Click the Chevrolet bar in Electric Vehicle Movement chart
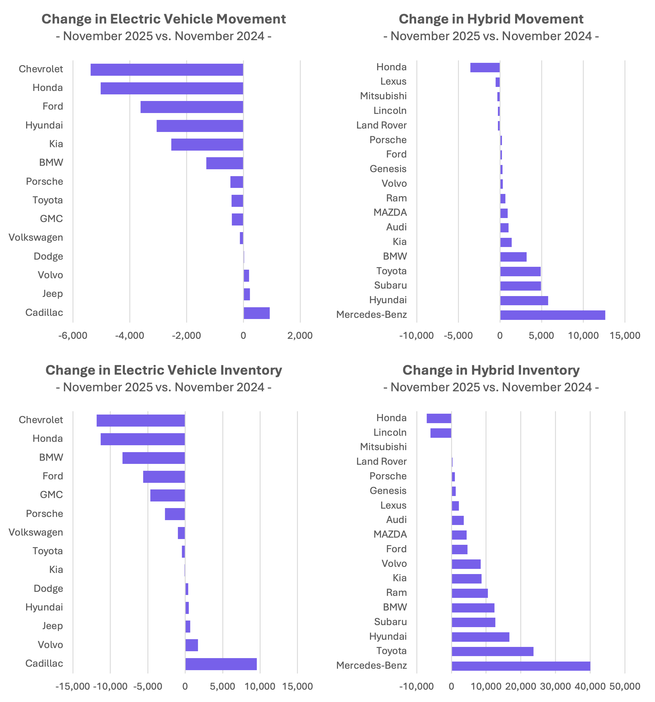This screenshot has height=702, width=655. point(167,69)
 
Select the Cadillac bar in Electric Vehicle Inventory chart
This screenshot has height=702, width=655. point(221,664)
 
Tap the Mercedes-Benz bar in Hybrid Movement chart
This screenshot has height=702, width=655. point(553,315)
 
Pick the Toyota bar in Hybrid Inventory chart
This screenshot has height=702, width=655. point(493,651)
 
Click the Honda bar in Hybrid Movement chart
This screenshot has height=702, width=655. point(485,67)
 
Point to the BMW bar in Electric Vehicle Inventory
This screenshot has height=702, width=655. point(153,458)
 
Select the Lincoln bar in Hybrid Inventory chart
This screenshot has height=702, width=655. point(441,433)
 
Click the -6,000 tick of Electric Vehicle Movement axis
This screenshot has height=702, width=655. point(73,335)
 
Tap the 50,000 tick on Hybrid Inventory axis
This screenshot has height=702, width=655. point(625,687)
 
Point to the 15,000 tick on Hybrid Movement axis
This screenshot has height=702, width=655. point(625,335)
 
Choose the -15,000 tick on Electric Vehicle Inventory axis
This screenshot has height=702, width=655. point(73,687)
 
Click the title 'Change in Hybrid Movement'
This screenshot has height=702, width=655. point(491,19)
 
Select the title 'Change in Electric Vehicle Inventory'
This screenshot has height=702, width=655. point(164,370)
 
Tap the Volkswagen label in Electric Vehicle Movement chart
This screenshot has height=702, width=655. point(36,238)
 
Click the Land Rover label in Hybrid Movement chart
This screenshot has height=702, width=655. point(381,125)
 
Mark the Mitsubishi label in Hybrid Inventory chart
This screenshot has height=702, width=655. point(383,447)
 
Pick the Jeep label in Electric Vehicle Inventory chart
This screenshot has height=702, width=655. point(52,626)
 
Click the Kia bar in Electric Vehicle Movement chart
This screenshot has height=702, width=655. point(207,144)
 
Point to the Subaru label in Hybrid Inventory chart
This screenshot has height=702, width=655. point(390,622)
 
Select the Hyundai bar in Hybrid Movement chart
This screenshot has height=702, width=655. point(524,300)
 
